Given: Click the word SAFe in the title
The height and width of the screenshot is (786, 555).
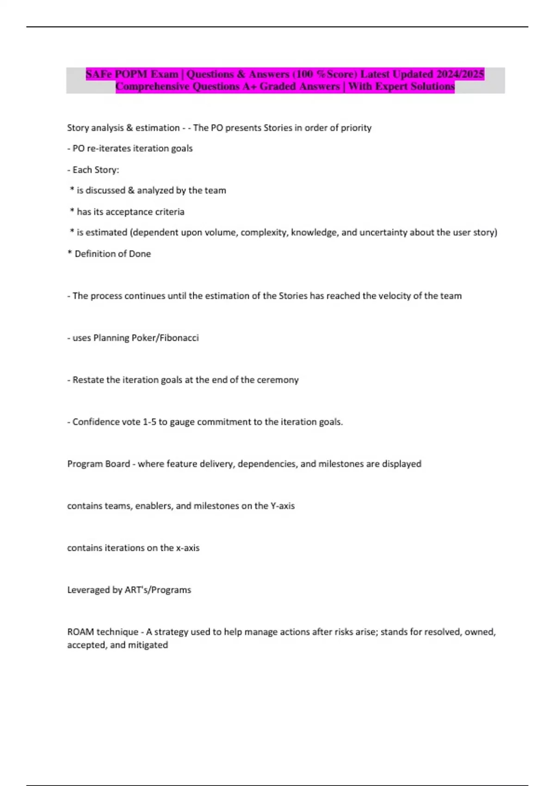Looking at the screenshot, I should (x=99, y=74).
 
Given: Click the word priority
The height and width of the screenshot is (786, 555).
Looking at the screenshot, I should (x=356, y=128).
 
